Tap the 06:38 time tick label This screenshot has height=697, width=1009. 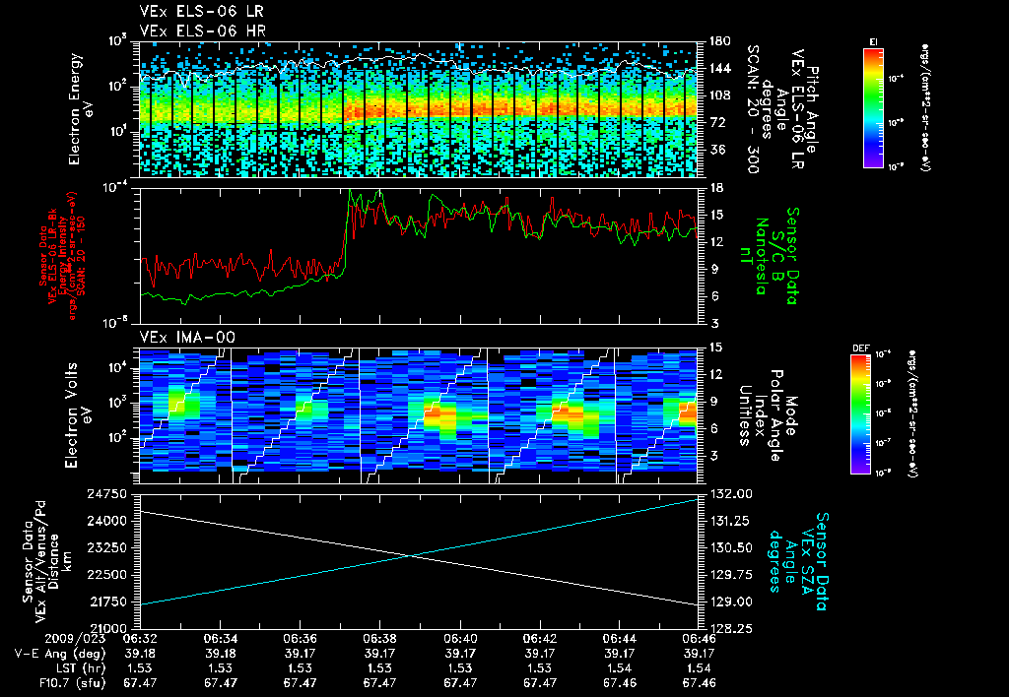(x=379, y=638)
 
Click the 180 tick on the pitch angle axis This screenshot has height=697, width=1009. (x=718, y=41)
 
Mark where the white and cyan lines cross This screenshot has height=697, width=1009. (x=410, y=556)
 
